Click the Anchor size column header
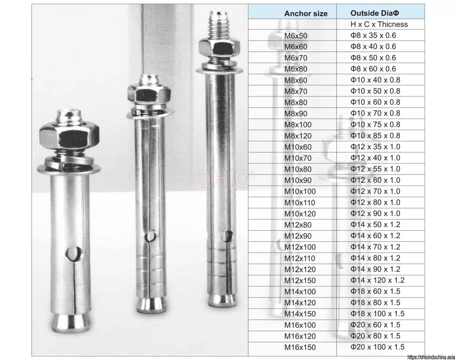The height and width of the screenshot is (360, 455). (306, 13)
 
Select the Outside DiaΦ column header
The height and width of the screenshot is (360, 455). (375, 13)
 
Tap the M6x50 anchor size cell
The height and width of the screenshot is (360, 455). (295, 36)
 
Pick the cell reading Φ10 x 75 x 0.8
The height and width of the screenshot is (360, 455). (375, 124)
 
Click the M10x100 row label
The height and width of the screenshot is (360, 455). (300, 191)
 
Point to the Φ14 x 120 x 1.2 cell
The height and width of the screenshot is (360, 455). (377, 280)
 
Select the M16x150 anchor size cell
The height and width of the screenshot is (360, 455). (300, 347)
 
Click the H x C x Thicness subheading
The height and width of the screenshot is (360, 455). (379, 24)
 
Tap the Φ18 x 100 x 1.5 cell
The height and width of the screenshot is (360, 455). (377, 313)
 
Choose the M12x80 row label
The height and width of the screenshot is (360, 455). (298, 225)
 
